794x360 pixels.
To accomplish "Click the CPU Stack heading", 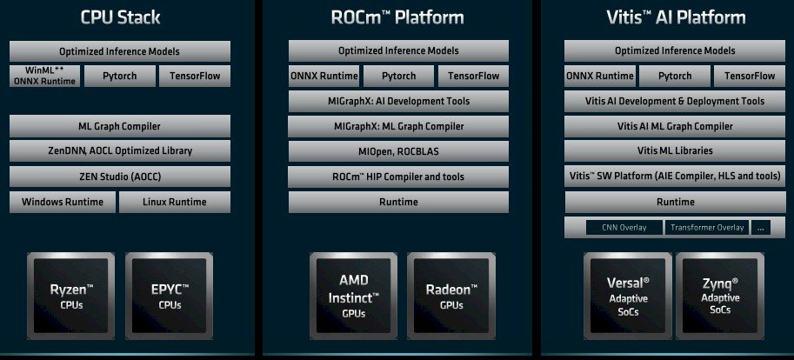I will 120,17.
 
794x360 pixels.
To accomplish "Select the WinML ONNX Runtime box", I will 45,76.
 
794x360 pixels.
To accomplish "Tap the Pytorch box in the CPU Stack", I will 119,76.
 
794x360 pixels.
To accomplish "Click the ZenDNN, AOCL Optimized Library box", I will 120,150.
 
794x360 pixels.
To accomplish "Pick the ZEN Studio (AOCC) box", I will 120,177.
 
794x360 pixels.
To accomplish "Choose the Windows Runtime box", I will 62,203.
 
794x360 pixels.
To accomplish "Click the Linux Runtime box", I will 175,203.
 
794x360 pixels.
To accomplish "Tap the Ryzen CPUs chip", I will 72,295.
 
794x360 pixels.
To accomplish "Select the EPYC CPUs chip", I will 169,295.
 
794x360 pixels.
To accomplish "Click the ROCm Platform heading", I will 397,17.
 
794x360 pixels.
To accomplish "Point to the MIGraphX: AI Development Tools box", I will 398,101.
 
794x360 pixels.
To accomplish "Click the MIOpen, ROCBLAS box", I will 398,151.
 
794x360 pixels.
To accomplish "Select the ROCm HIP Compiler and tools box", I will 398,177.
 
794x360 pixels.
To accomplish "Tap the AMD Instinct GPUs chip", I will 353,295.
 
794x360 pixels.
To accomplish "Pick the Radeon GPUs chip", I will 450,295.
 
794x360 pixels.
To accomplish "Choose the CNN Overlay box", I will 624,228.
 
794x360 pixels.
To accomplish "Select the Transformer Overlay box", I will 705,228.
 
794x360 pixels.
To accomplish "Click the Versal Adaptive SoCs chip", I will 628,295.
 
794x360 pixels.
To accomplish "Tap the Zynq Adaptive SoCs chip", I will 719,295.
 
